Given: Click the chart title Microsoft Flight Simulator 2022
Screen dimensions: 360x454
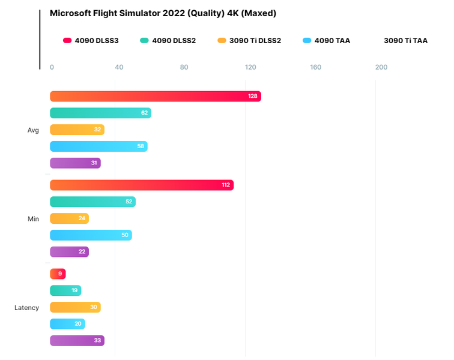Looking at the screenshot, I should (x=163, y=13).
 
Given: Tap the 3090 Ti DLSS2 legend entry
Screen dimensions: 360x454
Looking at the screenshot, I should (x=249, y=41).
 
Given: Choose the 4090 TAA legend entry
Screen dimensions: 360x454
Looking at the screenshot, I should (x=327, y=41).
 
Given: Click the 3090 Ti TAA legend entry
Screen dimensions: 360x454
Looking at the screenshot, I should (x=405, y=41).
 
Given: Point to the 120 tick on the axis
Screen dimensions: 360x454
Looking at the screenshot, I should (x=250, y=67).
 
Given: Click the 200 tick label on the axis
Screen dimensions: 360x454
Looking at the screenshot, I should (x=381, y=67).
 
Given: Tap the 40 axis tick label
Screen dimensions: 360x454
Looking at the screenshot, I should (x=119, y=67).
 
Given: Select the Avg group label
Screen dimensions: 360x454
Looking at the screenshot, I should (x=33, y=130).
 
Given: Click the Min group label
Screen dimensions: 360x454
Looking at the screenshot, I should (x=33, y=219).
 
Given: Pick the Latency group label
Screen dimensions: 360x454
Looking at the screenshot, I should (x=27, y=308).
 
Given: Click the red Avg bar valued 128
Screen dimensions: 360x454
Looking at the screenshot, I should (x=155, y=97).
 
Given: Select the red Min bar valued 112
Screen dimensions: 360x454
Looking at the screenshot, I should (x=141, y=185).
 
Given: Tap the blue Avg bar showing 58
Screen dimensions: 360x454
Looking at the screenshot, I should (x=98, y=146).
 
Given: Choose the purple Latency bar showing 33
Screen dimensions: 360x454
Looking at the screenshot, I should (x=77, y=341).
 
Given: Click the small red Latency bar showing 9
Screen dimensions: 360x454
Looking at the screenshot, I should (x=58, y=274).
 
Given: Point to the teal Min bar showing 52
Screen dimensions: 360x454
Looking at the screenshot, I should (x=92, y=202).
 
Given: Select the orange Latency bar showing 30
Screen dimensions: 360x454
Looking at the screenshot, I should (x=75, y=308).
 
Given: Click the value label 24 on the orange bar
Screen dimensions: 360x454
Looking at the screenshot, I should (x=82, y=219).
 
